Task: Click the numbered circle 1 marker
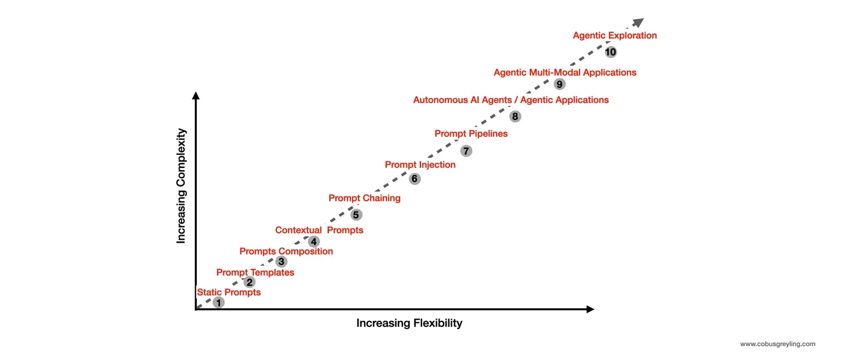pyautogui.click(x=218, y=302)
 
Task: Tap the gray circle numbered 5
pyautogui.click(x=356, y=215)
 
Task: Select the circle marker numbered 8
pyautogui.click(x=515, y=116)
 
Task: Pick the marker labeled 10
pyautogui.click(x=610, y=52)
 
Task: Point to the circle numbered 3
pyautogui.click(x=281, y=262)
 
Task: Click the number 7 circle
pyautogui.click(x=466, y=151)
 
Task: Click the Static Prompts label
pyautogui.click(x=229, y=292)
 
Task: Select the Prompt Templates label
pyautogui.click(x=255, y=272)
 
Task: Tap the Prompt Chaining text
pyautogui.click(x=364, y=198)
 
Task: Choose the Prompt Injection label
pyautogui.click(x=420, y=165)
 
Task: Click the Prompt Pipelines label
pyautogui.click(x=471, y=134)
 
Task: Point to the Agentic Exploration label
pyautogui.click(x=614, y=36)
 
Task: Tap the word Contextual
pyautogui.click(x=298, y=230)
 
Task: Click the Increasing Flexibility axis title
pyautogui.click(x=409, y=323)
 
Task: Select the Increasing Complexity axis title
pyautogui.click(x=181, y=186)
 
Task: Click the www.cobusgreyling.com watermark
pyautogui.click(x=778, y=344)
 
